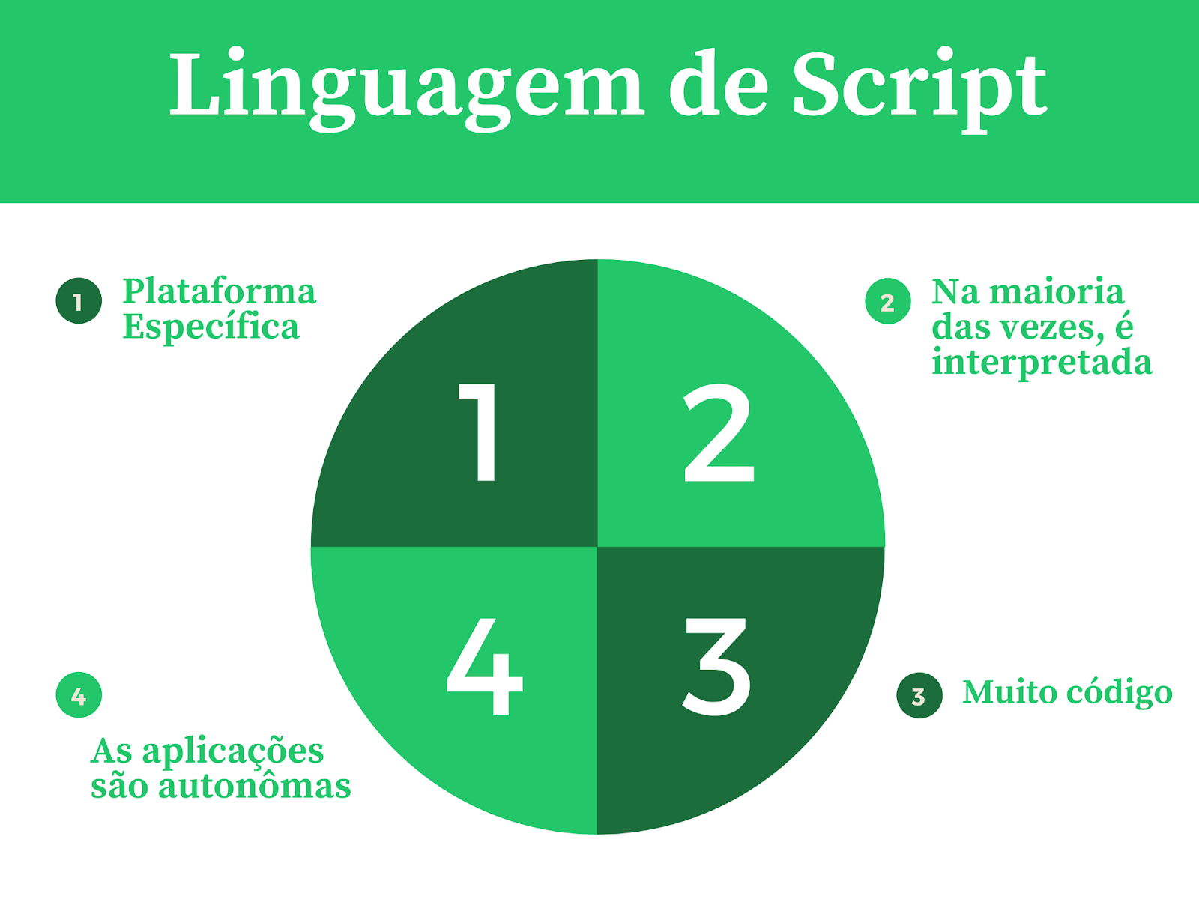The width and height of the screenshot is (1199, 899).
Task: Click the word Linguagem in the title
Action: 405,86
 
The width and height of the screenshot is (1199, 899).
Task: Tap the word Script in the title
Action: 919,86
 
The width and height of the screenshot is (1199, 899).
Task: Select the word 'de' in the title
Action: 718,86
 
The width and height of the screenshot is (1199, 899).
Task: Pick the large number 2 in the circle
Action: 719,433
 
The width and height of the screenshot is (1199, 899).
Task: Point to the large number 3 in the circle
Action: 716,666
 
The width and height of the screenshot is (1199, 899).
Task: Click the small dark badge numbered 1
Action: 79,301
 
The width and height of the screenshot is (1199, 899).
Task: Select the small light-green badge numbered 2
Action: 887,302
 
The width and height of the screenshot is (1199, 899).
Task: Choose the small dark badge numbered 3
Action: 919,696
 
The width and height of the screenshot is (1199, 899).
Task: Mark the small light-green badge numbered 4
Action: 79,696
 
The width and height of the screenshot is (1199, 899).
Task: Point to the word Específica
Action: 211,327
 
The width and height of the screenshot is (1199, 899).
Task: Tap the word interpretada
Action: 1042,362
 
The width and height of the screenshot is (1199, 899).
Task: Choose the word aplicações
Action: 232,751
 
